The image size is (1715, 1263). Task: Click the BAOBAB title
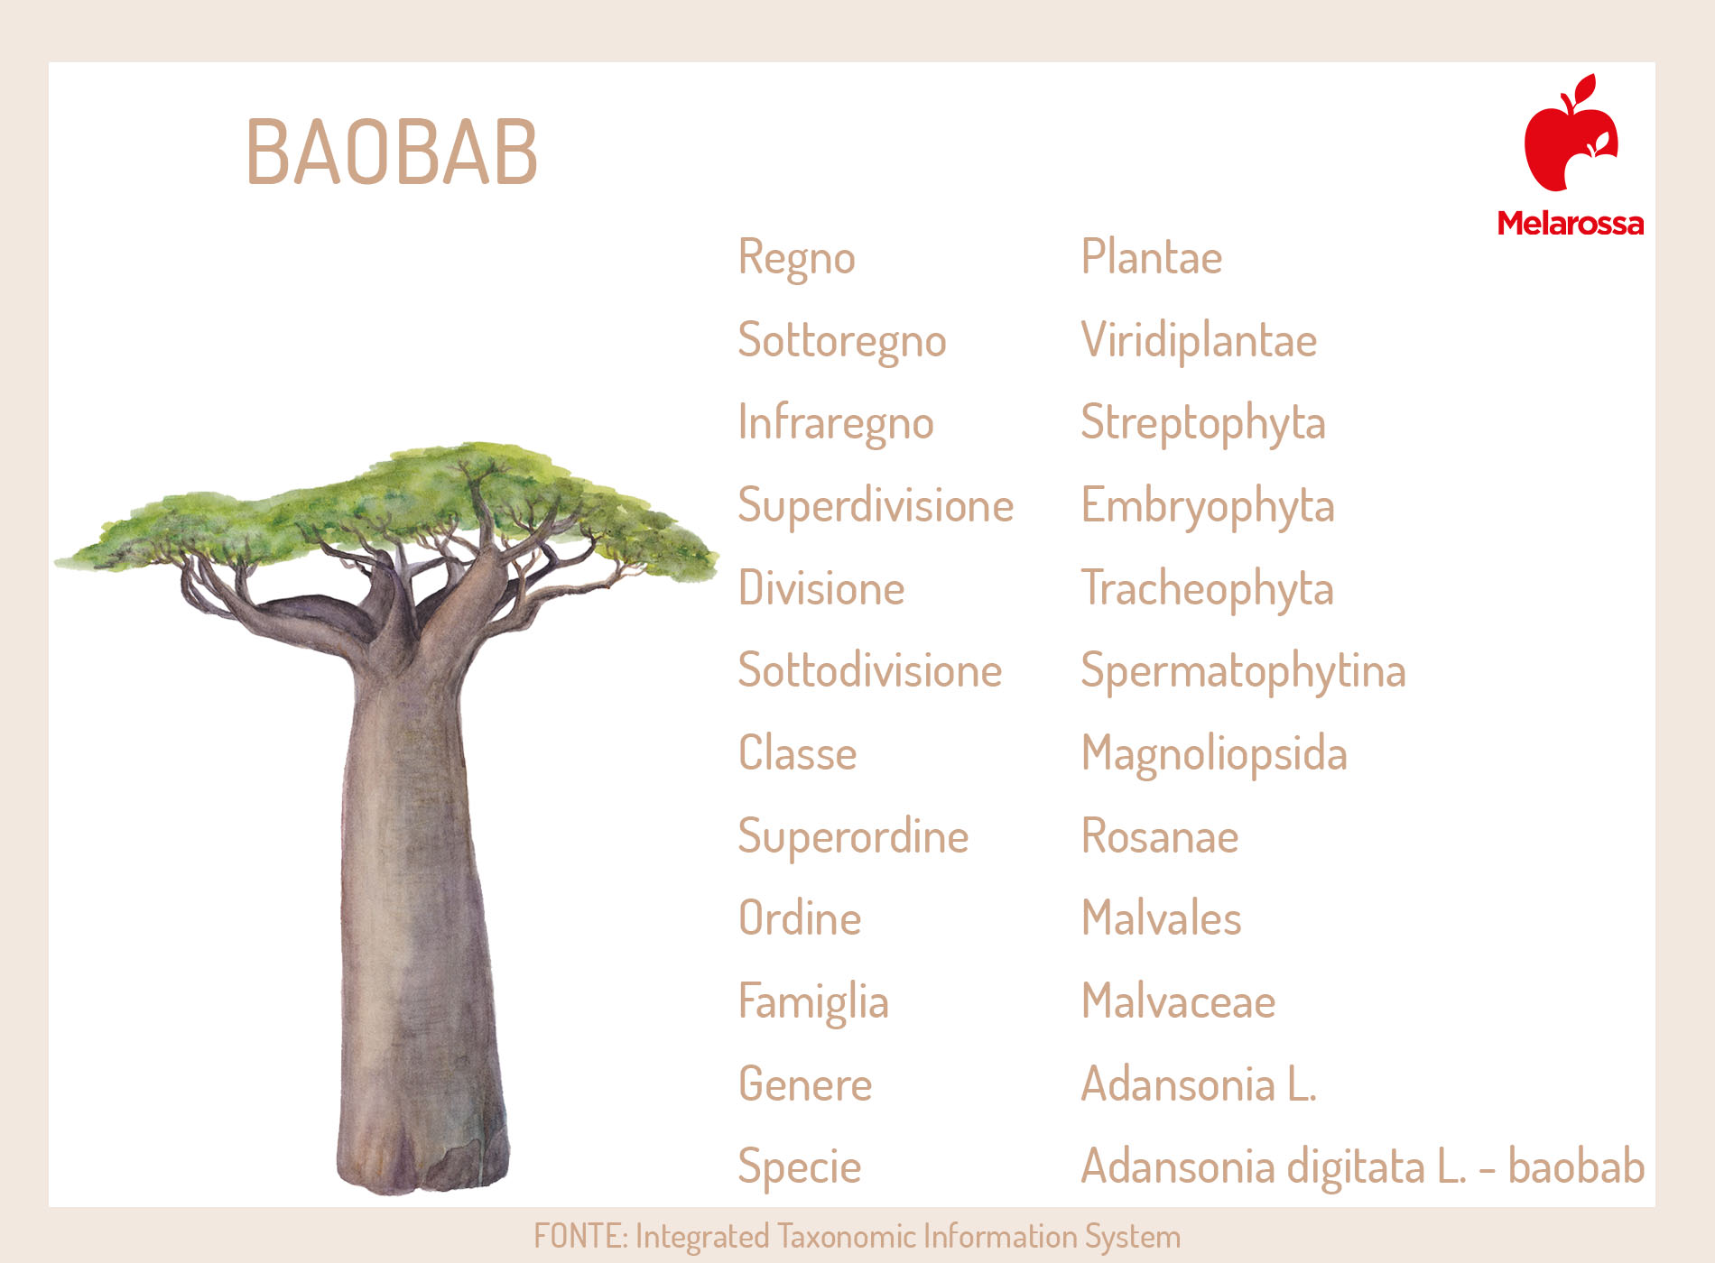coord(392,152)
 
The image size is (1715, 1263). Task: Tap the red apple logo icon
coord(1571,133)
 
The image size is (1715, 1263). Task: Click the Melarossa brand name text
coord(1571,223)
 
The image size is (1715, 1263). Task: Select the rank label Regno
coord(796,259)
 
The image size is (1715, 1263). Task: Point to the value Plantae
coord(1152,257)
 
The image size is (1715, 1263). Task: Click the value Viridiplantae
coord(1199,341)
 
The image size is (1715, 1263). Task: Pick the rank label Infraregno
coord(836,424)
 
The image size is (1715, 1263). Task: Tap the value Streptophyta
coord(1203,424)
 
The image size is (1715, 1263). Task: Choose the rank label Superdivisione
coord(876,506)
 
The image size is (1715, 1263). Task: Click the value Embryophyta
coord(1208,506)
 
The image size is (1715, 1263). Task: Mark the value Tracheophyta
coord(1208,589)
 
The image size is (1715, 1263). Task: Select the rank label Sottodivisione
coord(870,670)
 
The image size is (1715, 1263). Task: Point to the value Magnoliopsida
coord(1214,754)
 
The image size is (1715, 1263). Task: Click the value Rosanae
coord(1160,836)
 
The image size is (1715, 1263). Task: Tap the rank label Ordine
coord(800,918)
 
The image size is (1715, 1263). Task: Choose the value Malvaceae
coord(1178,1001)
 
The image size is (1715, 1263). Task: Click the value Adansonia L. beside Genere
coord(1199,1083)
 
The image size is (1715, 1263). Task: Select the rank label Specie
coord(800,1167)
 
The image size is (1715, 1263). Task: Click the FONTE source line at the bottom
coord(857,1236)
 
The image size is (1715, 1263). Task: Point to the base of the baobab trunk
coord(422,1173)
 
